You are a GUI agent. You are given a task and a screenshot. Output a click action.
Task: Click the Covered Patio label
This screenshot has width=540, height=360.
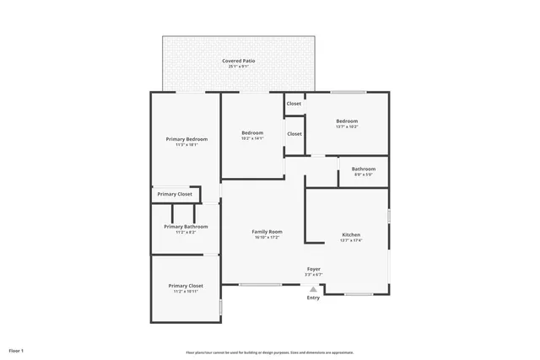pos(239,61)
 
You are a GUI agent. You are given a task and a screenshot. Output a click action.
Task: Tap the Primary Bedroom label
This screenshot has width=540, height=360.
pos(186,138)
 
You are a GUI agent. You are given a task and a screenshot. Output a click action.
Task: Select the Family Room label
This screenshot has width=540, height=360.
pos(267,231)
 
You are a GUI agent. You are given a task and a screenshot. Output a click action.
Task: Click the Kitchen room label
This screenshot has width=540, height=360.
pos(351,234)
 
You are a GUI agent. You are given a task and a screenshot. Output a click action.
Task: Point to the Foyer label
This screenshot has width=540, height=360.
pos(313,268)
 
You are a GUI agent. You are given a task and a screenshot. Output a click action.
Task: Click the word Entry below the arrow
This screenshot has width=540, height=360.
pos(313,298)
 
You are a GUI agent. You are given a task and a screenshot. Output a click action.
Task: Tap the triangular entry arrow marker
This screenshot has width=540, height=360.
pos(313,288)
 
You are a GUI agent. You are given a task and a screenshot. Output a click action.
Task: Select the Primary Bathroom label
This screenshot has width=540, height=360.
pos(186,226)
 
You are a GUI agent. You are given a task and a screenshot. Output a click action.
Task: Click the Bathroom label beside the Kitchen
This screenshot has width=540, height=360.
pos(364,169)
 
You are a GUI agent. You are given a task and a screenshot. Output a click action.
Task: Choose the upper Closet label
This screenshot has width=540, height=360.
pos(294,104)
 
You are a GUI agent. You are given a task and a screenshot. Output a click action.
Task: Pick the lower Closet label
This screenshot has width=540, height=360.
pos(294,133)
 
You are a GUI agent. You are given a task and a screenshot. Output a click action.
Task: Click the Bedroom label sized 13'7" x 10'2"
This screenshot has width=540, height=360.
pos(347,121)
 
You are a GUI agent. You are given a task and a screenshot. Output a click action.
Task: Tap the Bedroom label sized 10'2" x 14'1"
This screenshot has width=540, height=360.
pos(252,132)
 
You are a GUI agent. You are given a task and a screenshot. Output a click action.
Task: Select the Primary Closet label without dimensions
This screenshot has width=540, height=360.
pos(175,194)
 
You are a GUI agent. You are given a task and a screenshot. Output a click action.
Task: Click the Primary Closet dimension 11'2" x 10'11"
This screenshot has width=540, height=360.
pos(186,292)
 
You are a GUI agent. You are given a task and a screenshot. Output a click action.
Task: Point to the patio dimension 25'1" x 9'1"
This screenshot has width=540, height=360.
pos(239,67)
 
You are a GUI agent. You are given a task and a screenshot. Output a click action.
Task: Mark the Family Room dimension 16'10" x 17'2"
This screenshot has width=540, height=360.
pos(267,238)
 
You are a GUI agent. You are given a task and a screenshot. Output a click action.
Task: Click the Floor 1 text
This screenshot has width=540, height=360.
pos(16,350)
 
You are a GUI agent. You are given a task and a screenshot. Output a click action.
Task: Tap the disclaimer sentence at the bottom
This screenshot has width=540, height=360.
pos(269,352)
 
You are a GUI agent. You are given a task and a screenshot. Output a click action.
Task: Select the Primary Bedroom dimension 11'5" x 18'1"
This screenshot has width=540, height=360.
pos(186,145)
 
